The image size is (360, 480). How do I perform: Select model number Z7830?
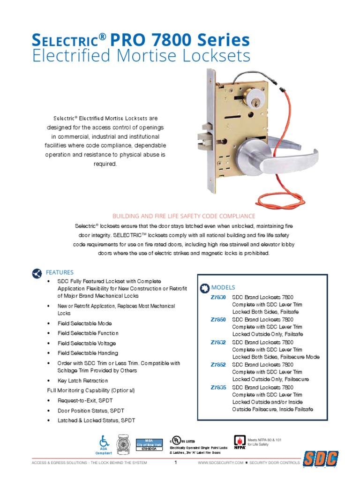(218, 298)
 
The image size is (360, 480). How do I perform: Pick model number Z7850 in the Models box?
(218, 319)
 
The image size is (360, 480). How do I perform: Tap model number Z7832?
(218, 342)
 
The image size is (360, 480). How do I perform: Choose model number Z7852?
(218, 364)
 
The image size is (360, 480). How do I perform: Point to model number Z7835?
(218, 387)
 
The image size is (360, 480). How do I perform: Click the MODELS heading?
(223, 287)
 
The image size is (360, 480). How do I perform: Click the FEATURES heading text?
(60, 272)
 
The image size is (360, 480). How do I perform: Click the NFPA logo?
(240, 441)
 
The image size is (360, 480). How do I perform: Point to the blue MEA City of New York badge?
(149, 443)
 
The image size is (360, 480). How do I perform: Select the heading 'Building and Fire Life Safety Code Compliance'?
(183, 216)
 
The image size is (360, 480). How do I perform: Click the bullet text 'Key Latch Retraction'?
(82, 381)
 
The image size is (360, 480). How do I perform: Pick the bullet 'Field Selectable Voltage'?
(88, 343)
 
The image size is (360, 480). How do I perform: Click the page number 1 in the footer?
(175, 463)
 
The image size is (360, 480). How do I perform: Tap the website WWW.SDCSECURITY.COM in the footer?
(220, 463)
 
